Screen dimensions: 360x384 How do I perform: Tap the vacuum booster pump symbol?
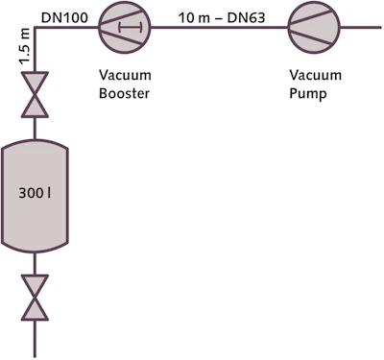121,27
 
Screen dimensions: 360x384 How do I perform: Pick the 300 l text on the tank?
36,193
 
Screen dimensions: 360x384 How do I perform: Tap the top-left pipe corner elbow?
36,28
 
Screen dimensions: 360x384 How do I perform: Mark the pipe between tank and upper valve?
36,129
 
